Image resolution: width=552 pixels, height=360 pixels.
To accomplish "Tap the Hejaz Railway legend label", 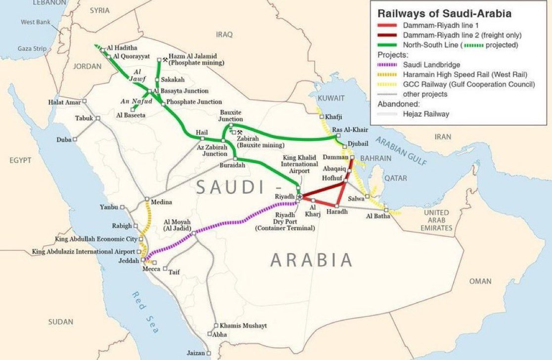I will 426,114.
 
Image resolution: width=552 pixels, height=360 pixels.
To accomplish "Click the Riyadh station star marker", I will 299,197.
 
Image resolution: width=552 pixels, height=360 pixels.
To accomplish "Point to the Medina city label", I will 161,202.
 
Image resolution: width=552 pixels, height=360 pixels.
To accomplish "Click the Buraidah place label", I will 232,166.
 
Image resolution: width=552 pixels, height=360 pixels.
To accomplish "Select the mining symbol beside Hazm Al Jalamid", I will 165,60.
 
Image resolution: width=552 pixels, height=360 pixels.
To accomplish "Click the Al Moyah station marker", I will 193,232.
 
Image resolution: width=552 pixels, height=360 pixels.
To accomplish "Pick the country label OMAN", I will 480,281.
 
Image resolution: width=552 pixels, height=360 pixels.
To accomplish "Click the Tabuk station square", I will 98,118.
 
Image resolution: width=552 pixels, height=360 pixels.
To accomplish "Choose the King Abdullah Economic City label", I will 96,239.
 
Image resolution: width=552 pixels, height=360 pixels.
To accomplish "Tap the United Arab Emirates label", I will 437,220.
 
